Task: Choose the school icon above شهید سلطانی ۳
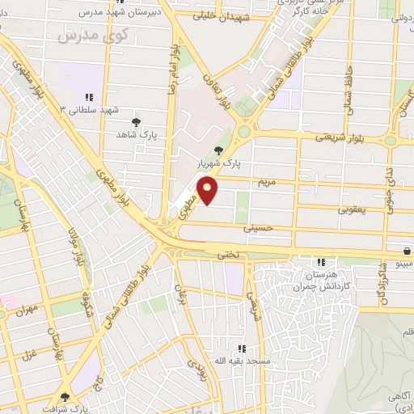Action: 89,97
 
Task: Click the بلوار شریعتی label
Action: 335,137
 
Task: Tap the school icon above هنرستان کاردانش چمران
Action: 321,262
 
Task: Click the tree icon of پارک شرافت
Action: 65,397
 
